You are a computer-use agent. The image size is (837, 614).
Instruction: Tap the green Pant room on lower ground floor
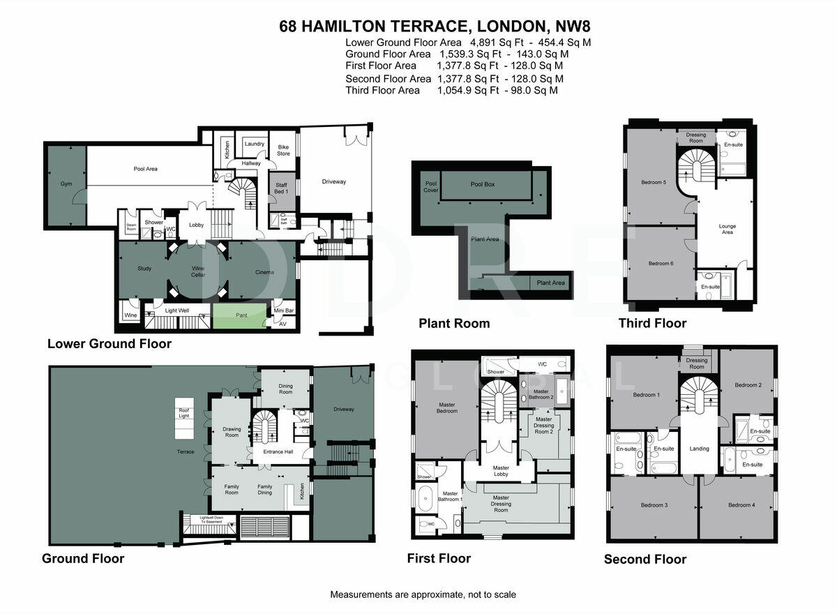241,315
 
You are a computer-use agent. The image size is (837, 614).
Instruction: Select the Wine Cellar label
199,271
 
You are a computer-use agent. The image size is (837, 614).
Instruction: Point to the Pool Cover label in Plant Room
432,187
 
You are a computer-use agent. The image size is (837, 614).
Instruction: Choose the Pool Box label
483,184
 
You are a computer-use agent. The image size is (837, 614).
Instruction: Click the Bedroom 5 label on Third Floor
654,182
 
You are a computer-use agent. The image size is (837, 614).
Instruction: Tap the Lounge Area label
727,230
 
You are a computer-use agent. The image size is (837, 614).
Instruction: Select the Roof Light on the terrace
184,413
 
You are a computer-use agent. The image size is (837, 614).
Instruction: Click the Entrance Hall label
278,451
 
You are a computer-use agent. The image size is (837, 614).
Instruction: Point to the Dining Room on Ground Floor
286,389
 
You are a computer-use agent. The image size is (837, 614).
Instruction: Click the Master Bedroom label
447,407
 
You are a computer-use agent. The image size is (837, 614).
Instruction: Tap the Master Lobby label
501,472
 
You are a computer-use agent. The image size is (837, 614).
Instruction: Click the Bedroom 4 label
739,504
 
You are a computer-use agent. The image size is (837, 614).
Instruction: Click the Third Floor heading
652,323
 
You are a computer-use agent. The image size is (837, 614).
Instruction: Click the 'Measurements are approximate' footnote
423,594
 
